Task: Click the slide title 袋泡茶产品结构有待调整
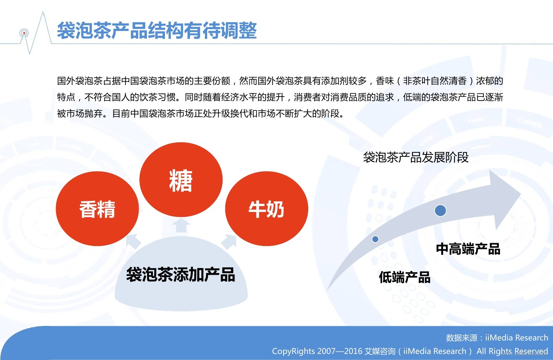tap(157, 31)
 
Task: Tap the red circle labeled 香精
tap(97, 208)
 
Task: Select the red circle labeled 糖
tap(181, 180)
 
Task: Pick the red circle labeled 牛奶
tap(267, 208)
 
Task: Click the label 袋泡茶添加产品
tap(181, 274)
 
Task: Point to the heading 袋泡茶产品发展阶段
tap(416, 157)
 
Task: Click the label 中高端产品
tap(468, 249)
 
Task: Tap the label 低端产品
tap(405, 277)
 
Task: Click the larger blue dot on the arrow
tap(440, 211)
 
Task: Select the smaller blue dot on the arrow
tap(375, 239)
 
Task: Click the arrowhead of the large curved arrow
tap(504, 198)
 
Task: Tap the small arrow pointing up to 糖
tap(181, 225)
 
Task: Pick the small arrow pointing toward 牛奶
tap(229, 241)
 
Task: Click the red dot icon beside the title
tap(24, 33)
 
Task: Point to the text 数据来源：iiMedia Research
tap(497, 338)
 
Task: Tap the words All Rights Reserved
tap(512, 351)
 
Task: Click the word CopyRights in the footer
tap(294, 351)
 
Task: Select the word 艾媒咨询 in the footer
tap(380, 351)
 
